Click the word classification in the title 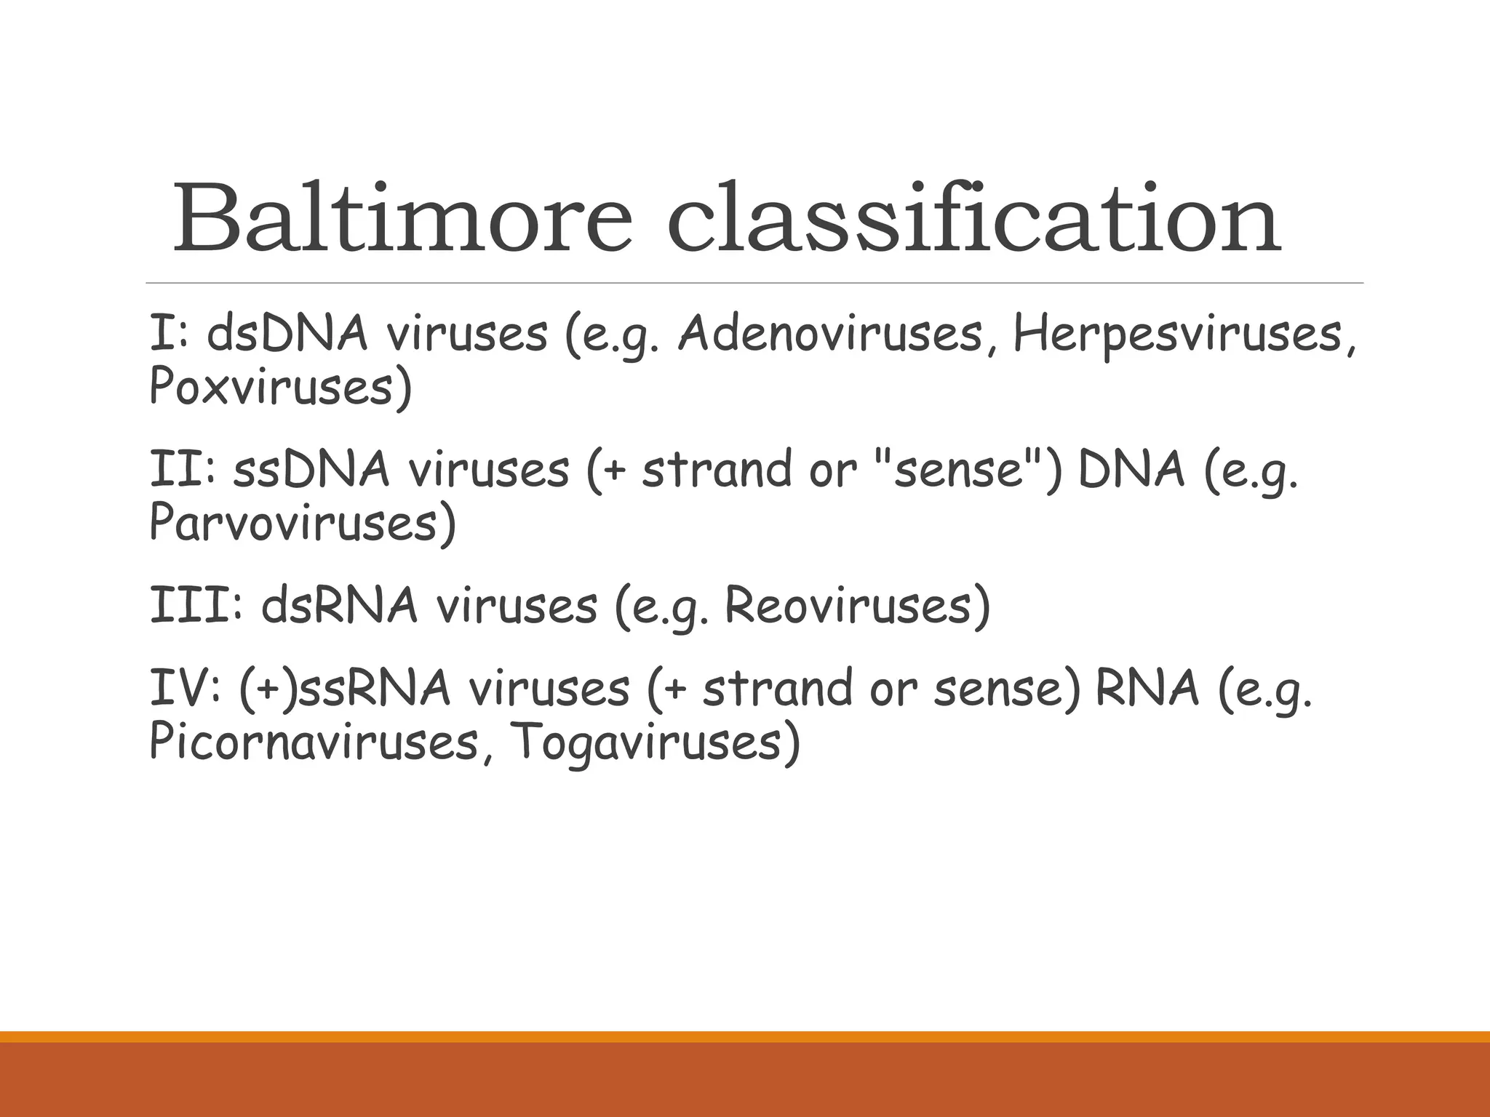click(973, 218)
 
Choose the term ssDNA click(311, 470)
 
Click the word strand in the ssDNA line click(716, 470)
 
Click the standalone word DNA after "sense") click(1131, 470)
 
